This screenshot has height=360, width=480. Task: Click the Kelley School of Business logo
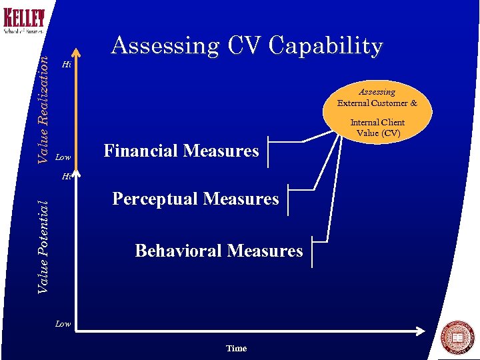coord(24,21)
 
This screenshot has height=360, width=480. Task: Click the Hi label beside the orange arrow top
coord(65,65)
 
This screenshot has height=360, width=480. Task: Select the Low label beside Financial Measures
coord(63,157)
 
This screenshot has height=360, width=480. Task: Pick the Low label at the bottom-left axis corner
coord(63,324)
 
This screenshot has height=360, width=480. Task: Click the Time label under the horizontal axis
coord(236,348)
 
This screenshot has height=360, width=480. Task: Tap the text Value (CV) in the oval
coord(378,133)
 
